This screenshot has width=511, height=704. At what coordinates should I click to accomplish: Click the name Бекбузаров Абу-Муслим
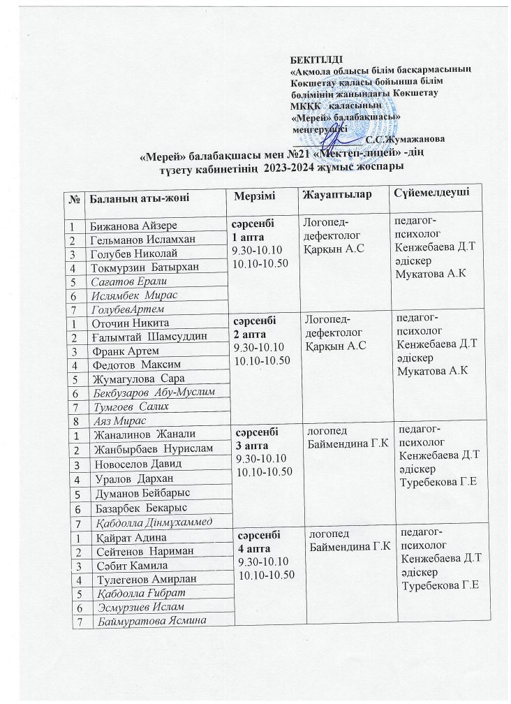point(158,395)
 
